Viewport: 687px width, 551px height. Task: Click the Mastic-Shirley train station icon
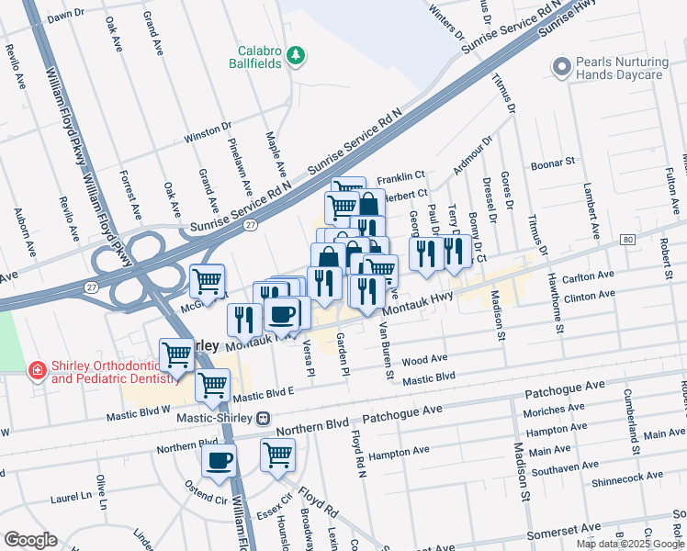click(x=264, y=419)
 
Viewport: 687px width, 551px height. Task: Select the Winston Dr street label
click(x=208, y=134)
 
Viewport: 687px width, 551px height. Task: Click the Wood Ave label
click(x=423, y=359)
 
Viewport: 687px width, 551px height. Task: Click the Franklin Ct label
click(x=400, y=175)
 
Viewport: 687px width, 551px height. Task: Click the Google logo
click(x=30, y=540)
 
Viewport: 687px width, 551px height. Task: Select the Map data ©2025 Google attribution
click(x=629, y=544)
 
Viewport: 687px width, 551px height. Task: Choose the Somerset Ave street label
click(x=563, y=532)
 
